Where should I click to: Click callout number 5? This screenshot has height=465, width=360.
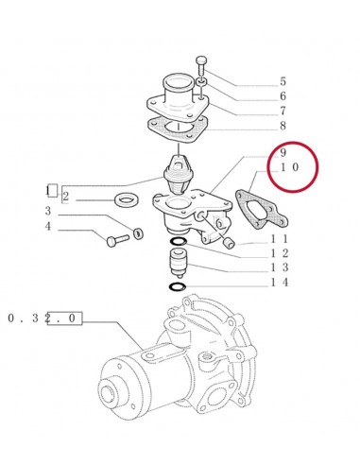coord(283,81)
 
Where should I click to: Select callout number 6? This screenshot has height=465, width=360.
coord(283,96)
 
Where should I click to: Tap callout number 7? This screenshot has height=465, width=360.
coord(283,111)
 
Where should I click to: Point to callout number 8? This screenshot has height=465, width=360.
coord(283,126)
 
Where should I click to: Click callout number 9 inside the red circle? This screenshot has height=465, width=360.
coord(283,152)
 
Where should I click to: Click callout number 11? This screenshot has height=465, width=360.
coord(280,239)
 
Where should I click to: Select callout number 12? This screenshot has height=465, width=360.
coord(280,253)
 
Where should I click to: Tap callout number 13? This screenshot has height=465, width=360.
coord(280,267)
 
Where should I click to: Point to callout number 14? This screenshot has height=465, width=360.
coord(280,283)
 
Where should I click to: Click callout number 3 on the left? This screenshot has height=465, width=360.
coord(47,211)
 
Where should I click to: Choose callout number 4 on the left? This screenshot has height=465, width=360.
coord(47,226)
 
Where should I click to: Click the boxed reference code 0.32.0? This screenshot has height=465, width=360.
coord(44,319)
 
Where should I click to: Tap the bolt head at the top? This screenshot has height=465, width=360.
coord(201,60)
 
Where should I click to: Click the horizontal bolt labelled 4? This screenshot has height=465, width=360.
coord(118,241)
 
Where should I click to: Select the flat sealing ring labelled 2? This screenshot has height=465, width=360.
coord(127,200)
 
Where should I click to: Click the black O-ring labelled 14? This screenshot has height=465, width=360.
coord(178,286)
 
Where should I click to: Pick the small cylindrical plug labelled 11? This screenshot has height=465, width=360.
coord(229,243)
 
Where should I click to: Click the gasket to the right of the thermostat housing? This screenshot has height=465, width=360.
coord(262,209)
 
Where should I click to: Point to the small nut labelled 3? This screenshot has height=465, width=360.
coord(139,232)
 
